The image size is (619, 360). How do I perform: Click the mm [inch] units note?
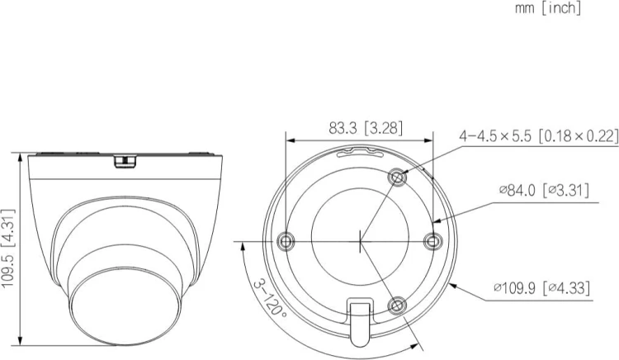(x=548, y=8)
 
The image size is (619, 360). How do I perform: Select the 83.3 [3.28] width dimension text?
(x=366, y=128)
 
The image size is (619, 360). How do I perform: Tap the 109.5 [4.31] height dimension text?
(x=8, y=249)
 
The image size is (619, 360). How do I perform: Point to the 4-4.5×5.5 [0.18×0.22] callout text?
(x=538, y=136)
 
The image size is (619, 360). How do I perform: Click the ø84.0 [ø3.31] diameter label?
(x=544, y=190)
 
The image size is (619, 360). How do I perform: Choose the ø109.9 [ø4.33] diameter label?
(x=542, y=288)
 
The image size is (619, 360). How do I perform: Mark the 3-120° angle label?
(x=270, y=299)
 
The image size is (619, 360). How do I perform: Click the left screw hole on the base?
(x=286, y=240)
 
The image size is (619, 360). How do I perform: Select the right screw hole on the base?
(x=432, y=241)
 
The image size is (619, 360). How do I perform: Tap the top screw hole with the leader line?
(x=398, y=178)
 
